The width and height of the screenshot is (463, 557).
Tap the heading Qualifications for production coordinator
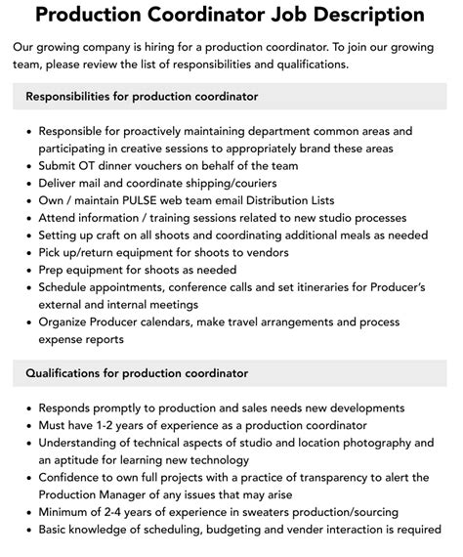pos(137,373)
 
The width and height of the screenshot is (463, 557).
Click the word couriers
pos(250,183)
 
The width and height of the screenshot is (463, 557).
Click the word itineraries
pos(319,287)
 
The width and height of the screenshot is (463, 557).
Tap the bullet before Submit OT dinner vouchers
pos(28,166)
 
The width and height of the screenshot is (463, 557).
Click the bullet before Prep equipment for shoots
pos(28,271)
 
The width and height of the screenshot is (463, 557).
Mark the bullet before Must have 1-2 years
pos(28,426)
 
